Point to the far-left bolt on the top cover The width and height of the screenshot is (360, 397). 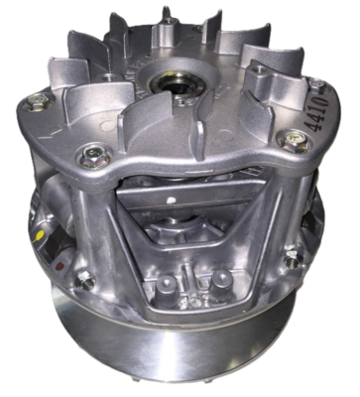coord(37,99)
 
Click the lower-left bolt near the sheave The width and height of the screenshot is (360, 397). coord(86,282)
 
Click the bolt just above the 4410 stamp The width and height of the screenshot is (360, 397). coord(314,83)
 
